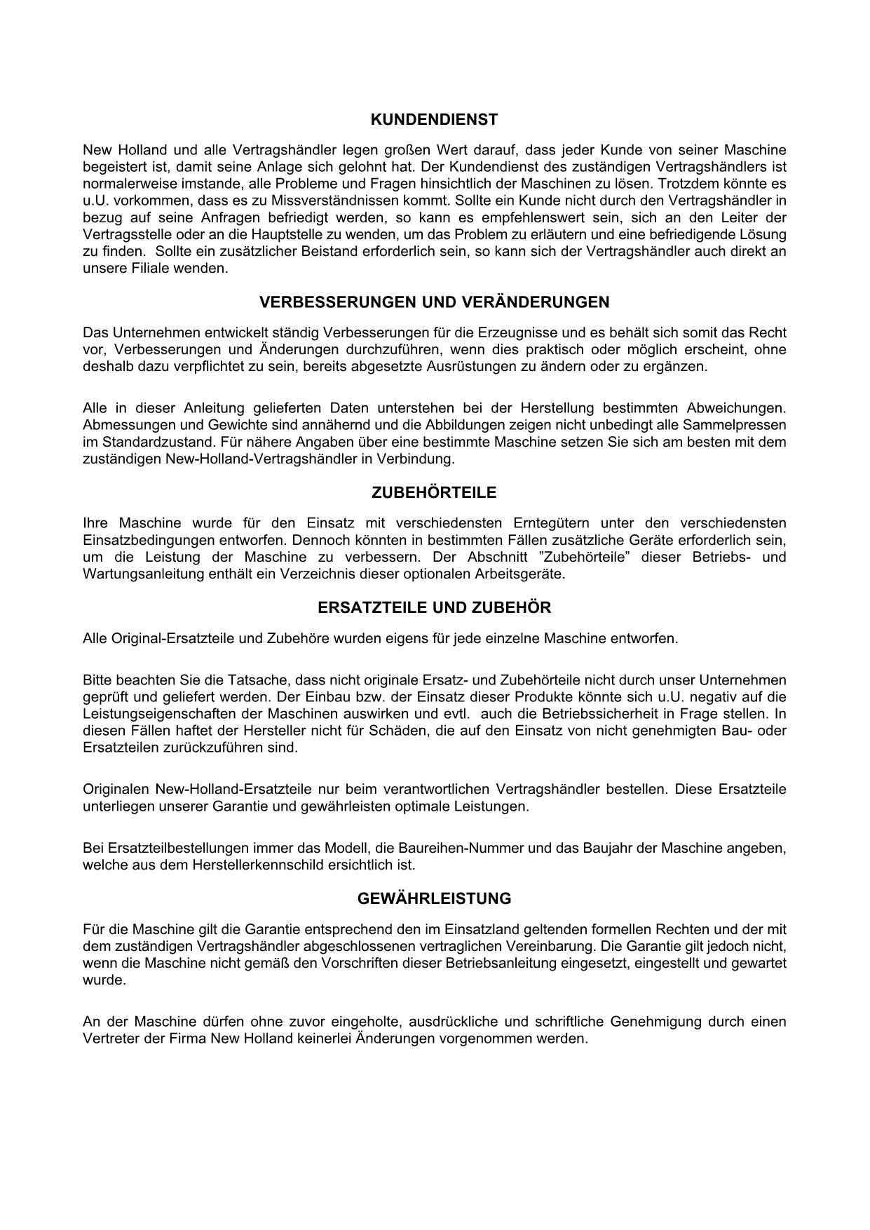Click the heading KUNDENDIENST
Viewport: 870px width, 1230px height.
point(434,120)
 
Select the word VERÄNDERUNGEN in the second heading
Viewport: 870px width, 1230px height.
point(536,302)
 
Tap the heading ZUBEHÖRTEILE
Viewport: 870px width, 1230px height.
point(434,493)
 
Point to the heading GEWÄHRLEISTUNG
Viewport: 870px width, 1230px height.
point(434,899)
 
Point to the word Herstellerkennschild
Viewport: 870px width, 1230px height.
point(252,865)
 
